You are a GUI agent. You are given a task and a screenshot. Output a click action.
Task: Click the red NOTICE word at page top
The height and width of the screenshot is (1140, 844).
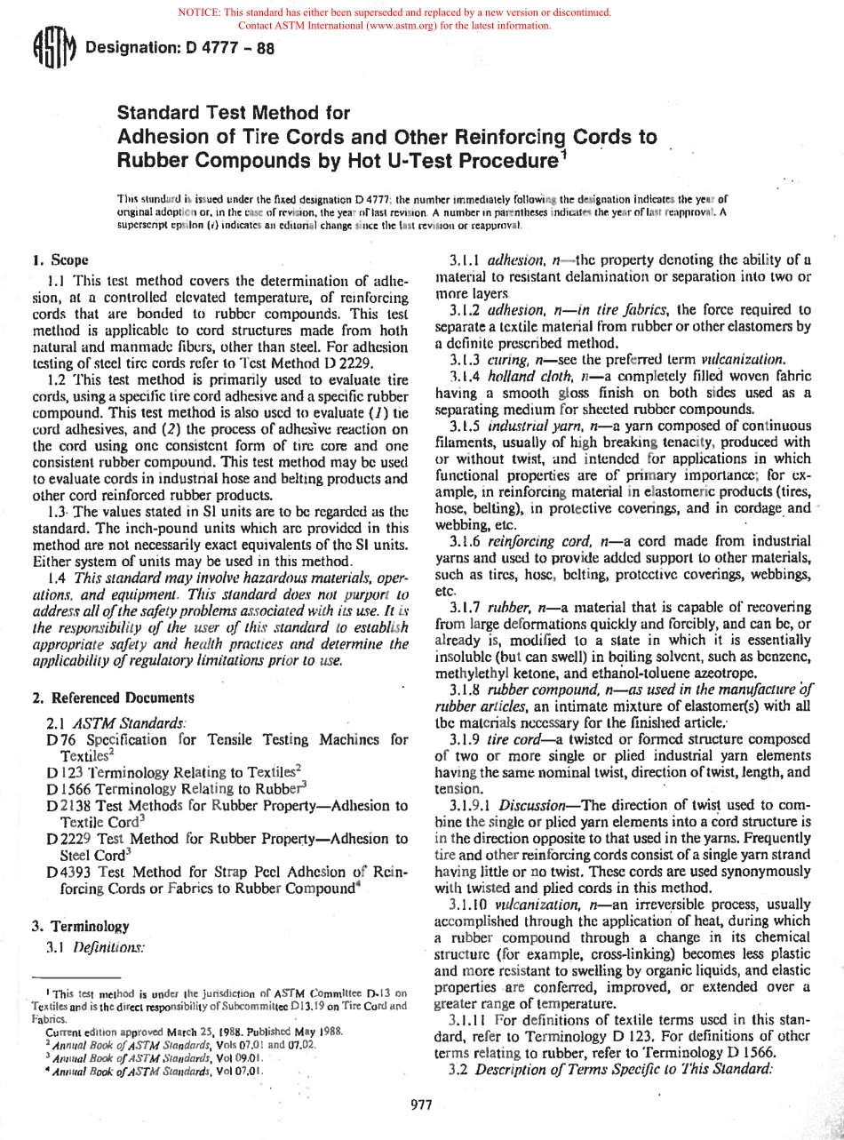point(201,12)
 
